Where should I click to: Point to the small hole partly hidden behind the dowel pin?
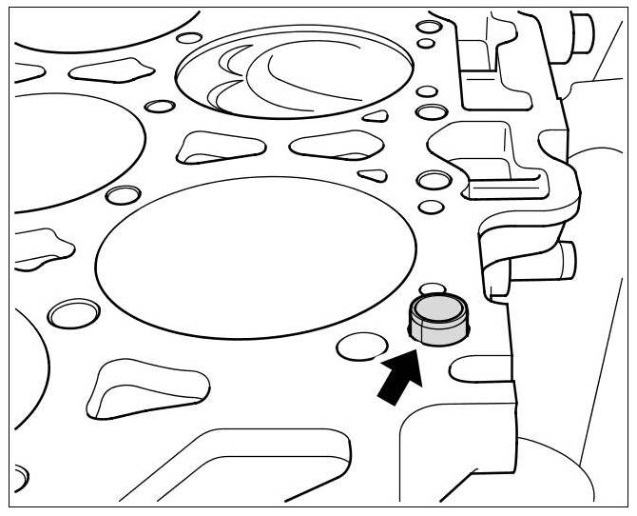tap(434, 288)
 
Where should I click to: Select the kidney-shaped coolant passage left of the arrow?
tap(143, 386)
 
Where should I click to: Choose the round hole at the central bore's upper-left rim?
tap(122, 195)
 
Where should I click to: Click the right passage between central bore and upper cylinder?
tap(328, 145)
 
